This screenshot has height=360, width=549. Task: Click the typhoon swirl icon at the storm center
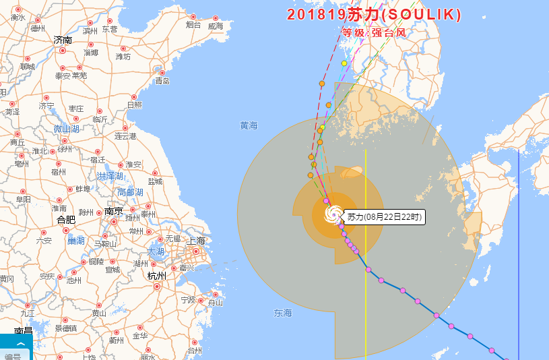click(333, 215)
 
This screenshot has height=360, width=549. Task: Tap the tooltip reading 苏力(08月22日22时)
click(384, 217)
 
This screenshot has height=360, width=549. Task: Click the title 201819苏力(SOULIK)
click(374, 14)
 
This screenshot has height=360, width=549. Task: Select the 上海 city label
click(197, 241)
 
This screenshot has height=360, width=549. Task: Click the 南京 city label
click(113, 211)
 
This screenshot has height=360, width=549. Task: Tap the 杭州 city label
click(156, 276)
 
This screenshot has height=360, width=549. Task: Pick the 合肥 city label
click(66, 219)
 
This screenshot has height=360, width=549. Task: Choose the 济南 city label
click(63, 40)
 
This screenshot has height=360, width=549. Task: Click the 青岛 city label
click(162, 81)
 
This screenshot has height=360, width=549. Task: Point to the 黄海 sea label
click(249, 125)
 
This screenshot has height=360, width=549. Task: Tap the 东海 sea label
click(283, 313)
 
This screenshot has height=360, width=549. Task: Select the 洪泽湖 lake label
click(110, 176)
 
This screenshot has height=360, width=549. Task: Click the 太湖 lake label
click(156, 251)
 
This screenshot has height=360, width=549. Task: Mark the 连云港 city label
click(125, 136)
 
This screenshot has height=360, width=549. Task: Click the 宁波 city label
click(188, 299)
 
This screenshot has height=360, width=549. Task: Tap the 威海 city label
click(216, 26)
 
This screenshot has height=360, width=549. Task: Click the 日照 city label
click(134, 104)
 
